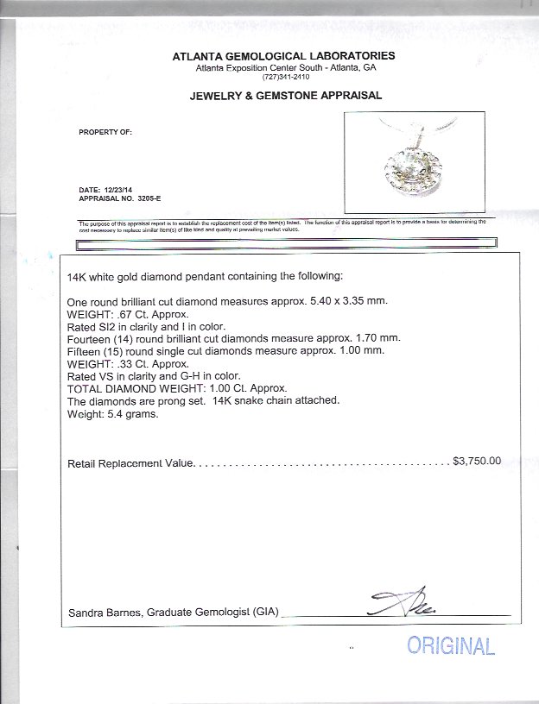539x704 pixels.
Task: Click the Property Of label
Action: [105, 133]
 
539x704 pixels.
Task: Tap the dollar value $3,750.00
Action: [476, 462]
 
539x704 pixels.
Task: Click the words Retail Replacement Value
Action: [130, 462]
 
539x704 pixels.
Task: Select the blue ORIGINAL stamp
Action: [451, 646]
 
